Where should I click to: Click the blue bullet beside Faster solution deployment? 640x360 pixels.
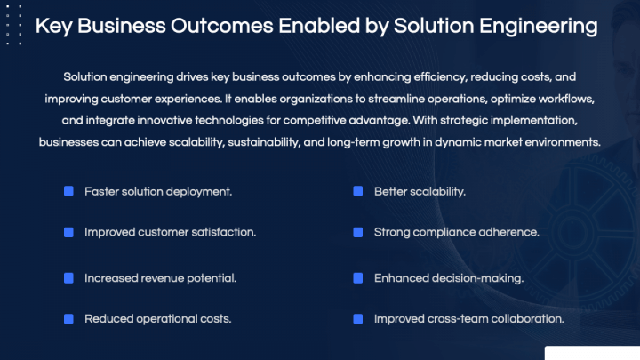pos(68,191)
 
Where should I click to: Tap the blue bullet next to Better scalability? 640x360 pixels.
pos(357,191)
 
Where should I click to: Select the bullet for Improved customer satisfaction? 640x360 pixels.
pos(68,232)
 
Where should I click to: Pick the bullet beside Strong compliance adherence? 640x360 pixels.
pos(357,232)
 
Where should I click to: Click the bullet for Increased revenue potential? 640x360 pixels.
pos(68,278)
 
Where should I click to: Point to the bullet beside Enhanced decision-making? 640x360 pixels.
pos(357,278)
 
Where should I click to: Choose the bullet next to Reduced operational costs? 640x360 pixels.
pos(68,318)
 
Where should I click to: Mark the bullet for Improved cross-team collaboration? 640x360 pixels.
pos(357,318)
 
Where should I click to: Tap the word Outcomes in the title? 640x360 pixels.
pos(235,26)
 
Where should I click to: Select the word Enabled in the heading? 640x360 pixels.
pos(342,26)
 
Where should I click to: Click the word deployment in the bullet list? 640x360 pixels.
pos(202,191)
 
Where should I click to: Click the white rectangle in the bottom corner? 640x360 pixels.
pos(591,353)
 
